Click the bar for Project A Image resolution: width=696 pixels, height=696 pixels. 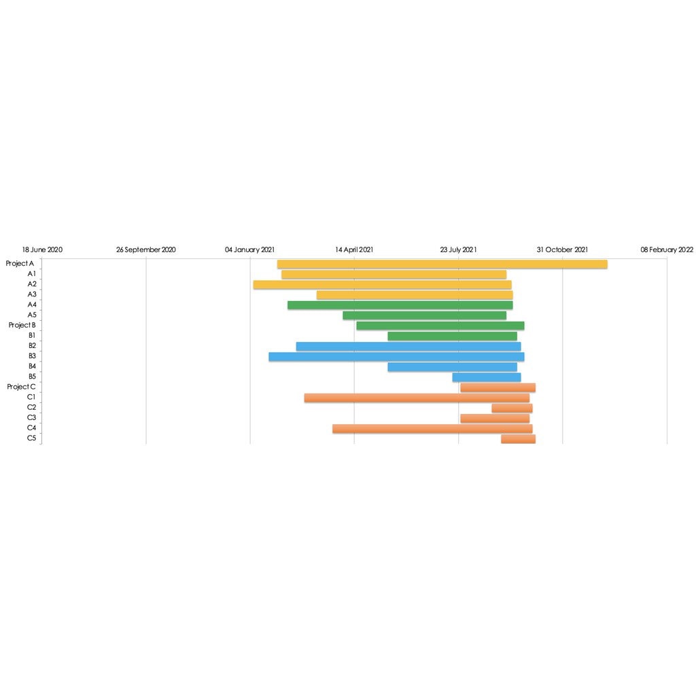(x=442, y=264)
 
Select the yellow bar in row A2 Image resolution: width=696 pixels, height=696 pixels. (x=382, y=285)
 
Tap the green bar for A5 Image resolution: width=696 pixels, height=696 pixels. (x=424, y=315)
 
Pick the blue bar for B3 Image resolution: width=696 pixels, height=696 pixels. (x=396, y=357)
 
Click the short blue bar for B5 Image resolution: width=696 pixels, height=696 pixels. (x=487, y=377)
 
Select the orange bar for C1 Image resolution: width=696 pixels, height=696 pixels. (x=417, y=398)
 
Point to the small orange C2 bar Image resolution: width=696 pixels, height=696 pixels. (x=512, y=408)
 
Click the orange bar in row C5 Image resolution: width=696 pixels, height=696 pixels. (x=518, y=439)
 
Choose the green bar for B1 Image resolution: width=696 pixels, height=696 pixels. (x=452, y=336)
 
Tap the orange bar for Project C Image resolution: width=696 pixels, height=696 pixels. (x=498, y=387)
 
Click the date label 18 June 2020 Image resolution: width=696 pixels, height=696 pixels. (x=42, y=249)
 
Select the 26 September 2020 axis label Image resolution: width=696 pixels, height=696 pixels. (x=146, y=249)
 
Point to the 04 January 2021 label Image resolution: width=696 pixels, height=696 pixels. (x=250, y=249)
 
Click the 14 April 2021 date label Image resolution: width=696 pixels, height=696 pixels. (x=354, y=249)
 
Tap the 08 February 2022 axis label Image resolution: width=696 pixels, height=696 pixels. (x=667, y=249)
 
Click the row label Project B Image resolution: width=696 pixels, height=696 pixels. (x=22, y=325)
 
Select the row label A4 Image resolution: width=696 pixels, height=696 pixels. (x=32, y=304)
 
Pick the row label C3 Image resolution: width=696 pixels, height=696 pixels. (x=32, y=417)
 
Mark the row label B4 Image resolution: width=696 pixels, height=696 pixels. (x=32, y=366)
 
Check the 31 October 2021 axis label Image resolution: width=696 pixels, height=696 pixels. (x=562, y=249)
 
